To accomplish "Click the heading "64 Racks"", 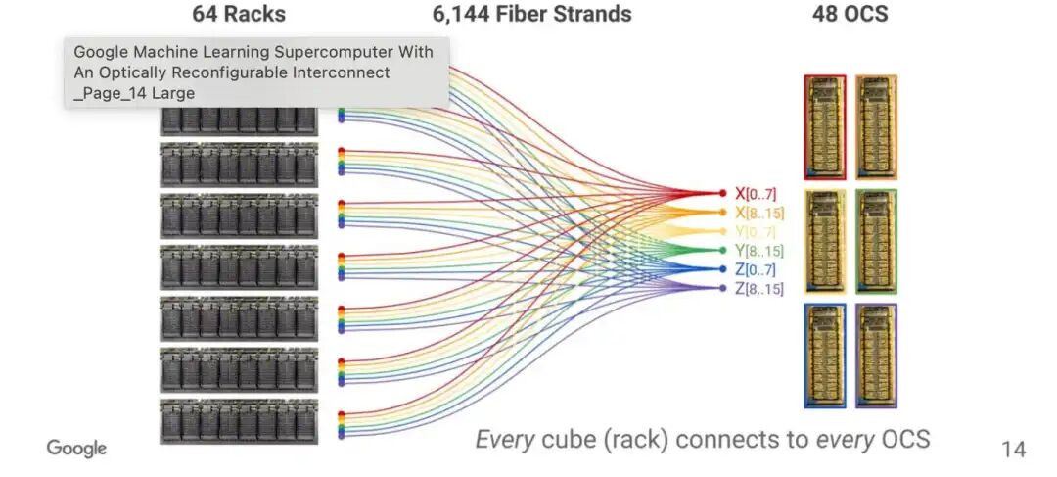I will (238, 15).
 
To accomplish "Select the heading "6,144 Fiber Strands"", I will (531, 15).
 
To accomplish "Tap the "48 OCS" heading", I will (850, 15).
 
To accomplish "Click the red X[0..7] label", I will (756, 194).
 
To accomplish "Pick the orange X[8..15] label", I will (759, 213).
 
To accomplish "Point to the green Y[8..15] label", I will (759, 251).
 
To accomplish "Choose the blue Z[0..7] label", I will (756, 269).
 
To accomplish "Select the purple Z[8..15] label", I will (759, 288).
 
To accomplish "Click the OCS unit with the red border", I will (825, 127).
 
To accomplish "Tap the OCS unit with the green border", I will (876, 241).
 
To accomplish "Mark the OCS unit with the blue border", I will (825, 356).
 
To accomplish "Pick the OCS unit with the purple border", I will (876, 356).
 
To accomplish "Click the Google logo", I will (76, 449).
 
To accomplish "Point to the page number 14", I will (1013, 450).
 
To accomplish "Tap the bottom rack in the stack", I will (238, 421).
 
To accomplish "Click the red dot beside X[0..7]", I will (723, 194).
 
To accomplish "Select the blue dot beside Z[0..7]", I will (723, 269).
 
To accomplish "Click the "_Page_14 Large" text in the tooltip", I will (134, 93).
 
